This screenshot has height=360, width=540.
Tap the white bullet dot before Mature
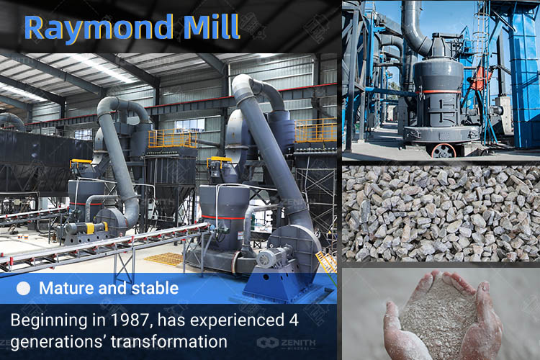(x=24, y=289)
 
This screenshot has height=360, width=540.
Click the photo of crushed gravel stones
(x=441, y=214)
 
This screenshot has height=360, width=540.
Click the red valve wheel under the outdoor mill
(x=443, y=150)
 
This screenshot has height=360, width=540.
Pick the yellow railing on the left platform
(x=173, y=138)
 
